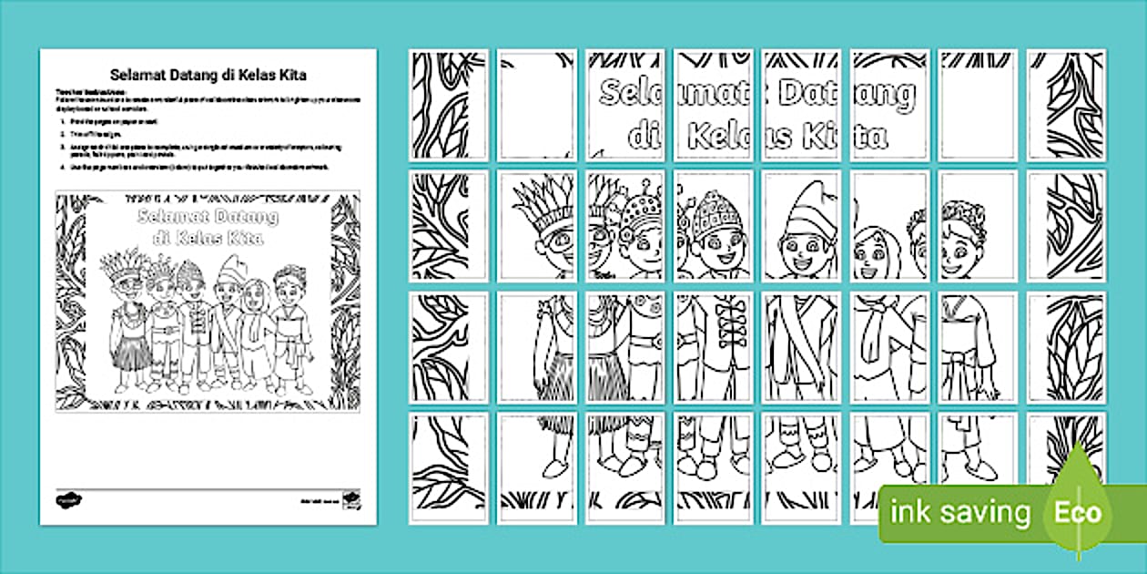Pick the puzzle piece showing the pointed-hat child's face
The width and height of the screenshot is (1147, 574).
(x=801, y=225)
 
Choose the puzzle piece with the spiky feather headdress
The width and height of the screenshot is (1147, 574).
(x=537, y=225)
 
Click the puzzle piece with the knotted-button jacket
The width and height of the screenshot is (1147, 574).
(x=713, y=346)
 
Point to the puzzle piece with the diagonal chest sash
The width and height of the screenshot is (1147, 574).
(x=801, y=346)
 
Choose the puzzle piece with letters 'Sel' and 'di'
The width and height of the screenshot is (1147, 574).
(x=624, y=105)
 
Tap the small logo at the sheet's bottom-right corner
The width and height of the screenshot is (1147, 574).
(x=350, y=500)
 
